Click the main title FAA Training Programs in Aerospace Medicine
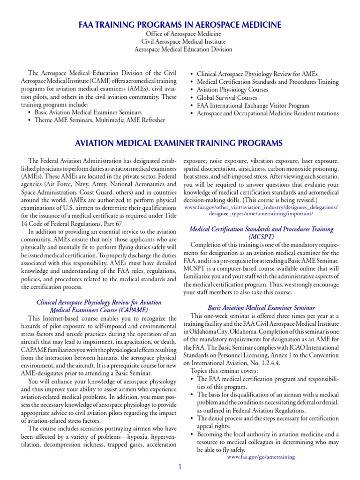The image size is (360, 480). click(x=180, y=24)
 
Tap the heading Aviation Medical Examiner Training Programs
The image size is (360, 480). click(x=180, y=142)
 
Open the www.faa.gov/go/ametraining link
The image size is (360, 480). click(x=261, y=457)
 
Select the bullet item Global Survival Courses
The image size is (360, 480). click(x=227, y=97)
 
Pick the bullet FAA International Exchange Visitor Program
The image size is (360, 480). click(x=253, y=105)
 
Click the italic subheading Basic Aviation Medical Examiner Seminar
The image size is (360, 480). click(x=261, y=308)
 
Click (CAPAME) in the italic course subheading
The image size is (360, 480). click(x=126, y=310)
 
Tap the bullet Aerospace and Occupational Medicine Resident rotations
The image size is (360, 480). click(x=268, y=113)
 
